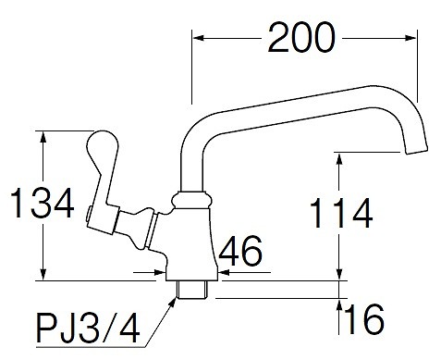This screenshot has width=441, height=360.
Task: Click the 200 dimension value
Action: [x=301, y=38]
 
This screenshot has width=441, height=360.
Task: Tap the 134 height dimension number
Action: [x=43, y=204]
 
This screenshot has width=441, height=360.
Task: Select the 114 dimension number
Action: [x=341, y=213]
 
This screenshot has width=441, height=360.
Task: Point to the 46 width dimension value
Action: [x=240, y=251]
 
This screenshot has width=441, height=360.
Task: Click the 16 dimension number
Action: [x=365, y=319]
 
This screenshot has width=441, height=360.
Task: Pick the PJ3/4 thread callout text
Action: [x=88, y=328]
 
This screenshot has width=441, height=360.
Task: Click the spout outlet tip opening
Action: [x=416, y=150]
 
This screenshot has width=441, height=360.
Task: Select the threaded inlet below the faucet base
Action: [x=193, y=290]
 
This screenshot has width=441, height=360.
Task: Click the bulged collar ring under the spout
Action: [x=192, y=200]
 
